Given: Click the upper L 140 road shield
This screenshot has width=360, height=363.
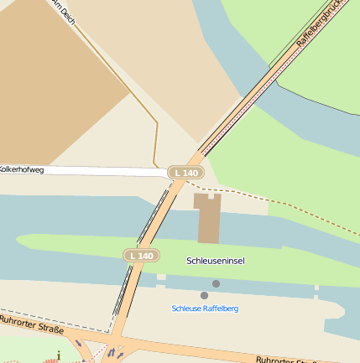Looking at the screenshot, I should (185, 173).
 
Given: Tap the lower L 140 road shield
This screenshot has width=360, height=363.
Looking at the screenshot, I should (141, 255).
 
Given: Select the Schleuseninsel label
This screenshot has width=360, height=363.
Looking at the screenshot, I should (216, 261).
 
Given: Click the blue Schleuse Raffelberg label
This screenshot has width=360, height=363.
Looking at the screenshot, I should (205, 309).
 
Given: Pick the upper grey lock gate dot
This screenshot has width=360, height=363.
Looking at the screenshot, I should (217, 284).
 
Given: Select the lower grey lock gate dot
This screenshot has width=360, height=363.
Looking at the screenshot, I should (204, 295).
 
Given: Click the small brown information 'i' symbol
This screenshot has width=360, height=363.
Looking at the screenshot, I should (59, 355).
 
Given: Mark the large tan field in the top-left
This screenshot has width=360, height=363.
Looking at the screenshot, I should (50, 75).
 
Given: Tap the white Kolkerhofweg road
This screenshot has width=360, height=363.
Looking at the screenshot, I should (101, 171).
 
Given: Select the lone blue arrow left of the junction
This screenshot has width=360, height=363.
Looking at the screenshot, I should (80, 344).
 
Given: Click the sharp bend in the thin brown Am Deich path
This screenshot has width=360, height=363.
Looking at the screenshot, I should (157, 122).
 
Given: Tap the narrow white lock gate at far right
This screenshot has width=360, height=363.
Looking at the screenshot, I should (316, 289).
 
